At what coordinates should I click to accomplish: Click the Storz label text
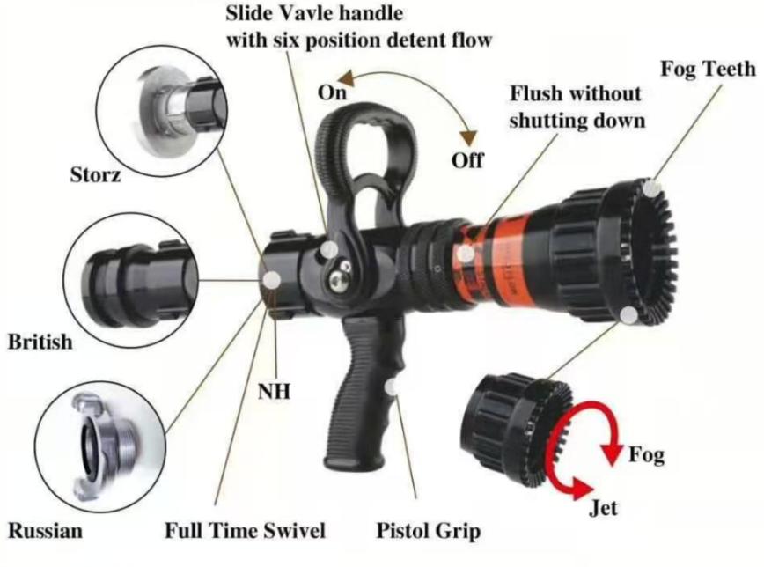[95, 176]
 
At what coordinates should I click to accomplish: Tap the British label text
[40, 342]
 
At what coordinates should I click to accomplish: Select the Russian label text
[46, 530]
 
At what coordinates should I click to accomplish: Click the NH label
[275, 388]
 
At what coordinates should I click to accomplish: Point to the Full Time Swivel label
[246, 531]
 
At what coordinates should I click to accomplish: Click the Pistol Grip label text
[429, 531]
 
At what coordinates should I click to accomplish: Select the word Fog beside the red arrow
[646, 455]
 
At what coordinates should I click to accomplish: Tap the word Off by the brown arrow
[467, 160]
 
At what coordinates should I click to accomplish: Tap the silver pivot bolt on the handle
[337, 277]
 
